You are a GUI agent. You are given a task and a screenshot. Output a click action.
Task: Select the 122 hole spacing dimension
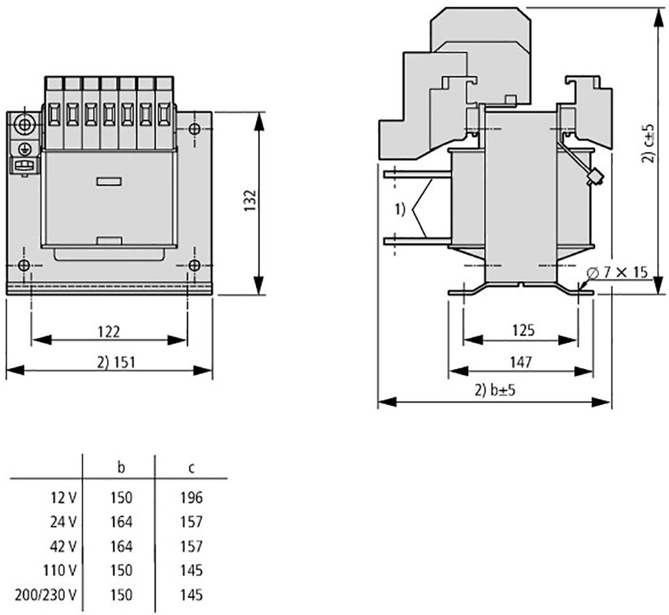(109, 332)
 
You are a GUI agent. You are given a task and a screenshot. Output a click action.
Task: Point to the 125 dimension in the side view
(522, 331)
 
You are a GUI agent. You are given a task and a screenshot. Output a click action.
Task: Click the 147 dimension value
(521, 362)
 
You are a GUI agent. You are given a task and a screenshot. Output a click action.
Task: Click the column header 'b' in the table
(121, 468)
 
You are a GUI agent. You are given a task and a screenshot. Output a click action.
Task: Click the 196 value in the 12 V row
(191, 498)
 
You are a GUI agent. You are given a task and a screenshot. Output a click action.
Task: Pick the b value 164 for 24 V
(121, 522)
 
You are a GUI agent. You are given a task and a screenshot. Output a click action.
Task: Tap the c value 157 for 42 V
(191, 546)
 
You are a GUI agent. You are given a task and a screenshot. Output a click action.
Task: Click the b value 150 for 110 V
(121, 571)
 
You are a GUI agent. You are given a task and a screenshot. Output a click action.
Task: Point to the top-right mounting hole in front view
(193, 127)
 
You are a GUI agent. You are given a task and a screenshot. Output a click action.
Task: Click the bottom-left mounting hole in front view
(24, 265)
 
